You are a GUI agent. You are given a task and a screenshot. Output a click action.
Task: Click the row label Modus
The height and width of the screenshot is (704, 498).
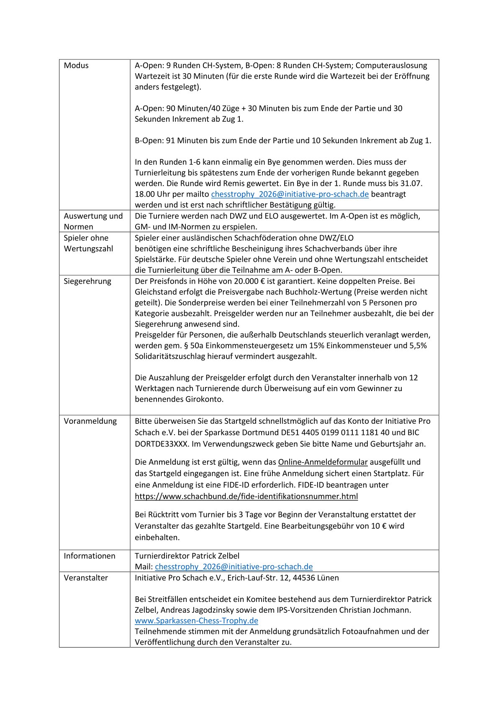click(76, 66)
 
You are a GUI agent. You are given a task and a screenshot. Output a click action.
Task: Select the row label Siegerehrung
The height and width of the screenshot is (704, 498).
click(87, 282)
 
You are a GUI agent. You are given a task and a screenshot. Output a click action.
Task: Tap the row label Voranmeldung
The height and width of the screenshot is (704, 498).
click(90, 421)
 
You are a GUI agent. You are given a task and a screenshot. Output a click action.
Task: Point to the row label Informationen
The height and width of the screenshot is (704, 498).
click(90, 556)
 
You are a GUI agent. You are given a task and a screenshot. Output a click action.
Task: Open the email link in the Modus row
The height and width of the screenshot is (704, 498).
click(290, 194)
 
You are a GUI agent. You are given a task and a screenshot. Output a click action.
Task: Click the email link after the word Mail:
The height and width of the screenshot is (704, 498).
click(234, 567)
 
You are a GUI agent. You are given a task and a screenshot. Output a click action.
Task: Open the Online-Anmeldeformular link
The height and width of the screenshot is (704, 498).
click(323, 462)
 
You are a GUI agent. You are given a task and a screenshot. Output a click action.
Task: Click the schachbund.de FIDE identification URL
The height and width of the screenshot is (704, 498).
click(246, 497)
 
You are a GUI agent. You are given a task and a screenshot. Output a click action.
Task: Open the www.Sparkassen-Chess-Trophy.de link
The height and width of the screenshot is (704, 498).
click(196, 621)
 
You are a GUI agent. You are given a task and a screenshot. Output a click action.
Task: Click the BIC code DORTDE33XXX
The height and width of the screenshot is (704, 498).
click(162, 444)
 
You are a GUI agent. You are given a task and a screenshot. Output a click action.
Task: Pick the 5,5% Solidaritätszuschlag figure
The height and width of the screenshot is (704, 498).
click(418, 346)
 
